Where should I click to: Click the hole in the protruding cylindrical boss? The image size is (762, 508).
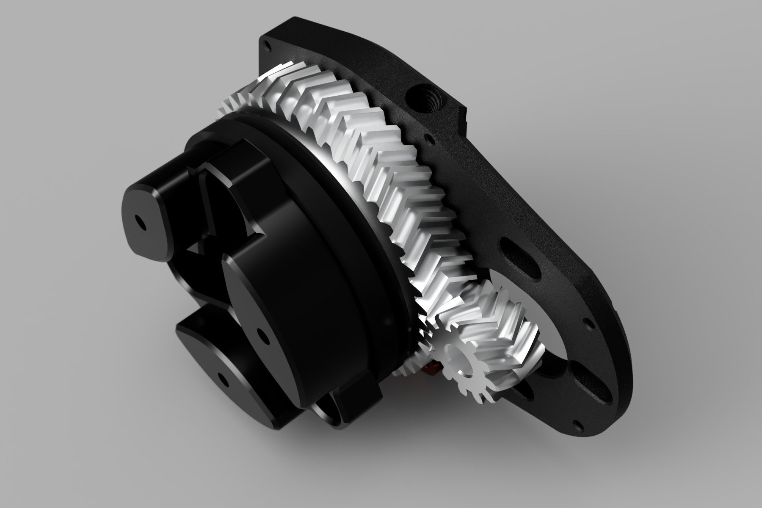tap(138, 221)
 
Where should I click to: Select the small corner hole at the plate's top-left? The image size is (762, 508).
tap(265, 43)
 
